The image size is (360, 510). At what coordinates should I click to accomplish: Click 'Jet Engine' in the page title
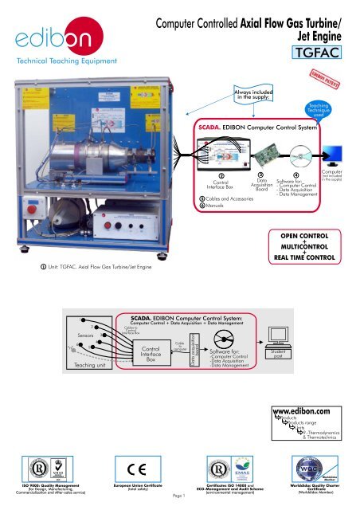[323, 35]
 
